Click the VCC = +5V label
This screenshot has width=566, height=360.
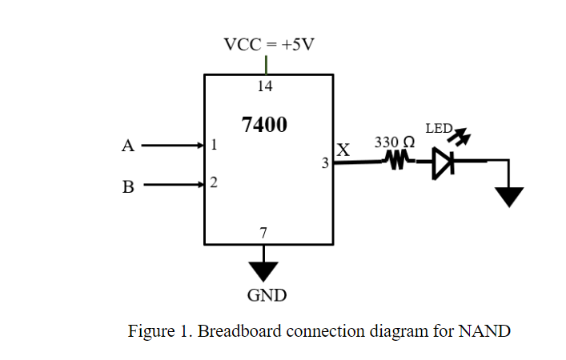[269, 44]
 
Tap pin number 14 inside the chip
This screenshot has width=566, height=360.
[265, 86]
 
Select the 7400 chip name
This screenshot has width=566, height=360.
[264, 125]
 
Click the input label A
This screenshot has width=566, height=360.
[126, 146]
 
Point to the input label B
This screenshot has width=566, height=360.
[127, 187]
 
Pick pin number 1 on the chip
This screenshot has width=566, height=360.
[214, 146]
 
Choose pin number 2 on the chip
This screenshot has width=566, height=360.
[214, 183]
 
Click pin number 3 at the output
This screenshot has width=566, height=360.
[325, 163]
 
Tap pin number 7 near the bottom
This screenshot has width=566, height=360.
[264, 233]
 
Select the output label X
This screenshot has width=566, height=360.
[343, 150]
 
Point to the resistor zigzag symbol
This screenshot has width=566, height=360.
[395, 162]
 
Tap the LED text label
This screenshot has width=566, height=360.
[438, 128]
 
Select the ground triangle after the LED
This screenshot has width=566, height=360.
[508, 196]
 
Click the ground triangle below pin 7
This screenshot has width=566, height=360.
[263, 271]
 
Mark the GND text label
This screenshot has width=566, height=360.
[267, 295]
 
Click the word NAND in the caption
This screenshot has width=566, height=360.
[484, 330]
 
